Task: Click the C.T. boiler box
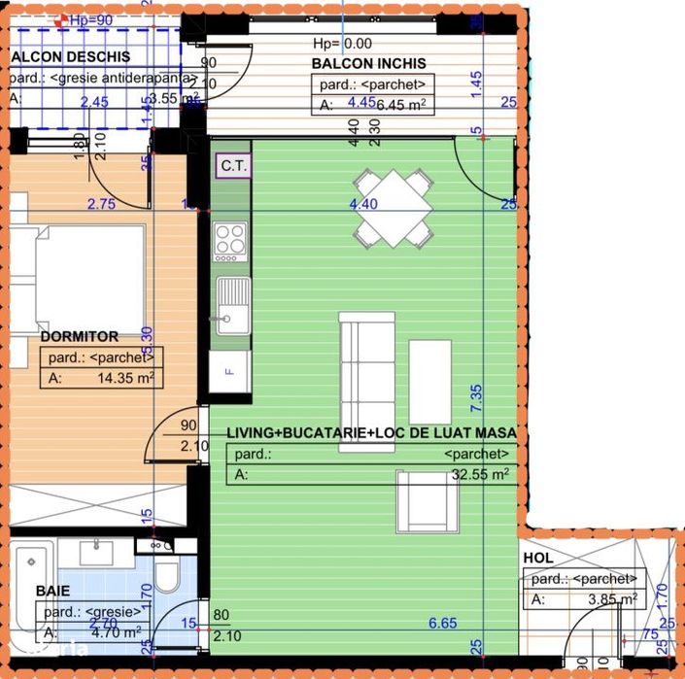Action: coord(233,165)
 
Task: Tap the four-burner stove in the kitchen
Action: coord(231,242)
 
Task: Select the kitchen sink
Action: coord(231,305)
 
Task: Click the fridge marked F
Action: coord(230,370)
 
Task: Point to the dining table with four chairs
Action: coord(393,207)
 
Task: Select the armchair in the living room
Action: coord(428,499)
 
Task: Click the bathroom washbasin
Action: coord(95,553)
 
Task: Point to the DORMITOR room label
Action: coord(80,337)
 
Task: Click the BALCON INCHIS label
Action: coord(368,64)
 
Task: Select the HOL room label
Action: coord(538,559)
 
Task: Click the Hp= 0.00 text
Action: coord(342,44)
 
